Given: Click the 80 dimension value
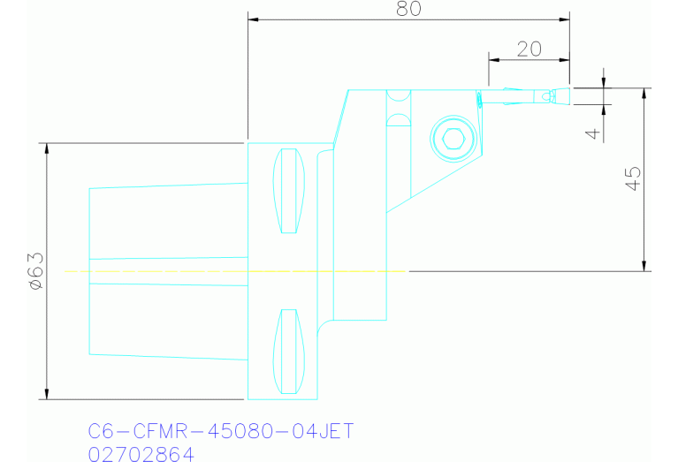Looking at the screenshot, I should [408, 9].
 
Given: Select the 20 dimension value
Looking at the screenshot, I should [529, 49].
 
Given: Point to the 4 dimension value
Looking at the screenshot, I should [593, 133].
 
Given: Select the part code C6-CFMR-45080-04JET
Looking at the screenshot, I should [221, 432].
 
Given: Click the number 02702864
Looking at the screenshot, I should [142, 453].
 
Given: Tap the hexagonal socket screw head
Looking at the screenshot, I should [453, 139].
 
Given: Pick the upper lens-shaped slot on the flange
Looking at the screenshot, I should [287, 192].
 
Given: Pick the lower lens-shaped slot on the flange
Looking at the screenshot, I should [287, 351].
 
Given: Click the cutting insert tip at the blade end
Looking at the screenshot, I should [553, 95].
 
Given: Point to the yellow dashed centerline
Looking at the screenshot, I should [177, 271].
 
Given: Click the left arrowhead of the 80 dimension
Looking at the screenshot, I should [252, 19].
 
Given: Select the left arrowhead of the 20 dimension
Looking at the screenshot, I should [492, 60].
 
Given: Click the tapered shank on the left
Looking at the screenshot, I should [168, 270].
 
